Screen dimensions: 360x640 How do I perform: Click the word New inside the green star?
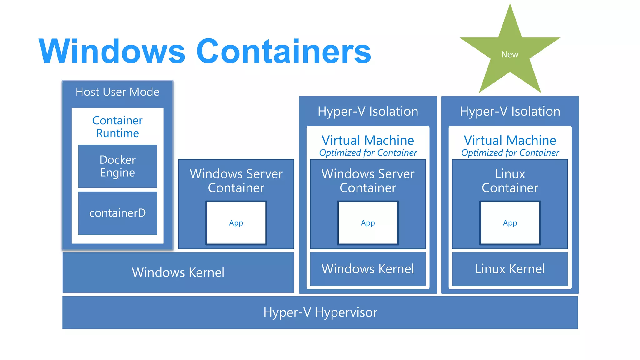coord(510,54)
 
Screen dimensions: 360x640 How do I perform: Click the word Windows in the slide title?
coord(112,51)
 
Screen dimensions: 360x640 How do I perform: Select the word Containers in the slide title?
coord(283,51)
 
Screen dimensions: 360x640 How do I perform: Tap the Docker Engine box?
coord(117,166)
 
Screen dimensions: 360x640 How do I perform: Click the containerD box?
coord(117,213)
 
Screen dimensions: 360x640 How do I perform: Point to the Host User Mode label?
coord(117,92)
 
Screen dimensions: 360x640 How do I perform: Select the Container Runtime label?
coord(117,127)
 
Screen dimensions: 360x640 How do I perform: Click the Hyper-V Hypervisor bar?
coord(320,312)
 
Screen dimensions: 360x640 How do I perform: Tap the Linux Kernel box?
coord(510,269)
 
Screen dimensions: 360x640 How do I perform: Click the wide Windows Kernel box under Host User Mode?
coord(178,272)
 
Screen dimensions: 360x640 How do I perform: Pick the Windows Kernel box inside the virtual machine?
coord(368,269)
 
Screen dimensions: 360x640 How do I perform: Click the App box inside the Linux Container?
coord(510,223)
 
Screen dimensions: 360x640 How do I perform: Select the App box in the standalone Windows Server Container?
coord(236,223)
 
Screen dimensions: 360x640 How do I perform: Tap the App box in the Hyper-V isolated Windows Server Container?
coord(368,223)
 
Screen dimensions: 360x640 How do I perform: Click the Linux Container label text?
coord(510,181)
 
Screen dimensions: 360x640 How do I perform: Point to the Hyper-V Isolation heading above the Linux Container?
coord(510,111)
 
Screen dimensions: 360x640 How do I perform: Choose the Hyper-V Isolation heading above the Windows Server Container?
coord(368,111)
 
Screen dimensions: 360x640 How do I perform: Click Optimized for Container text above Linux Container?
coord(510,153)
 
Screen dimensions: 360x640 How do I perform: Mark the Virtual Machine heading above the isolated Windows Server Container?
coord(368,140)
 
